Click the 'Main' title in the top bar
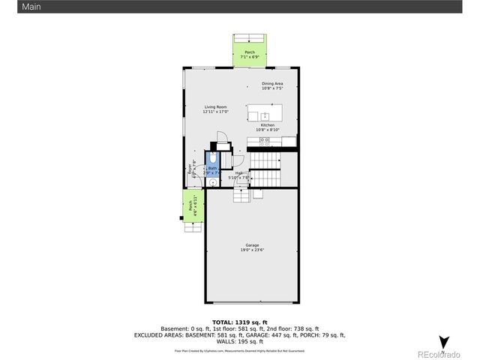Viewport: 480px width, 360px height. tap(10, 6)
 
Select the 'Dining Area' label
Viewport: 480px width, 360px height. tap(271, 83)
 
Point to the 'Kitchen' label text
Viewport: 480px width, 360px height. tap(267, 125)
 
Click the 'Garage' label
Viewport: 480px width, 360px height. tap(252, 245)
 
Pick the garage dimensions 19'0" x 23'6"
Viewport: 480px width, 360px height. tap(252, 250)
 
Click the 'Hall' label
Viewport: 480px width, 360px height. tap(238, 173)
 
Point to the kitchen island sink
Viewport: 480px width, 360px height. tap(265, 115)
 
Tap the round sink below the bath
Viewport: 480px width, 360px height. tap(212, 182)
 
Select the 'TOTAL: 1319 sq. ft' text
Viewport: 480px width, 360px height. tap(239, 322)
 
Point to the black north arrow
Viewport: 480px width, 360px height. tap(444, 342)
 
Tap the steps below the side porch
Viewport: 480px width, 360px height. tap(193, 226)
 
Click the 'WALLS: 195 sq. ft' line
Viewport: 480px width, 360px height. tap(239, 340)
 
